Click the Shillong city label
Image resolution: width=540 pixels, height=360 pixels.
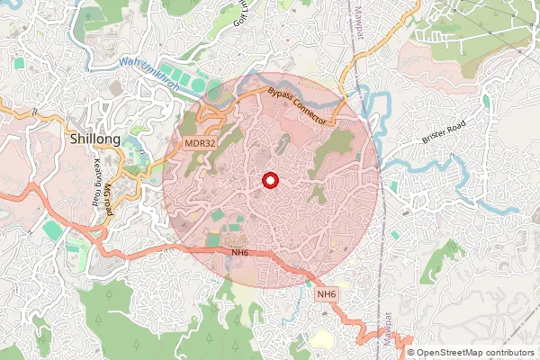[x=94, y=141]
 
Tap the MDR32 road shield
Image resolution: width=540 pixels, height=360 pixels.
[x=199, y=143]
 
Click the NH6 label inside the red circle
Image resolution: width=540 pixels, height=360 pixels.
[x=239, y=253]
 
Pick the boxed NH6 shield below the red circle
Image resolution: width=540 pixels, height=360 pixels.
[x=326, y=294]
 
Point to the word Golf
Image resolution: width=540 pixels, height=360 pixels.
[x=240, y=14]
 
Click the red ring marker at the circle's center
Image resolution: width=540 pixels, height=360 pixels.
[x=269, y=181]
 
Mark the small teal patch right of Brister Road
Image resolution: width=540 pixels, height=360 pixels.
[x=486, y=101]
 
